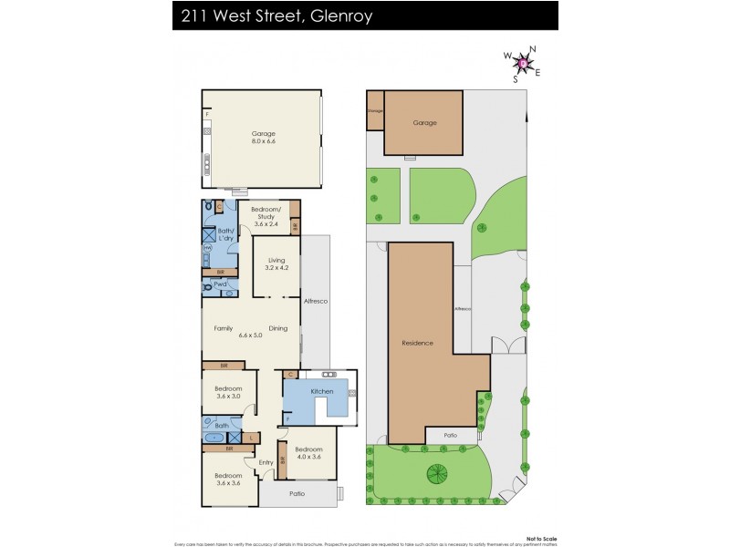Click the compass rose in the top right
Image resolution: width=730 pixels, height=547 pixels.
tap(523, 62)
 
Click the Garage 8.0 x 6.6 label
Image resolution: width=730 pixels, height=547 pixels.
tap(264, 138)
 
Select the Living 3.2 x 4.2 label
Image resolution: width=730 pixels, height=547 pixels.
tap(276, 264)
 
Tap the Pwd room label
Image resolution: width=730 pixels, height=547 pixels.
tap(220, 284)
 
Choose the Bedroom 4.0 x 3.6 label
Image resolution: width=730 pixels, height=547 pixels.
tap(308, 452)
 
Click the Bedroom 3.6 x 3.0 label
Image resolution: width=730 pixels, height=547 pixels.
tap(228, 393)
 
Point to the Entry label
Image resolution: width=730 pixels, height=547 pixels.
tap(266, 462)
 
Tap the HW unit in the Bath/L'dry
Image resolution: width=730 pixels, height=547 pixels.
tap(207, 248)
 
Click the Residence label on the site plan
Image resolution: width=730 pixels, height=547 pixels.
tap(417, 343)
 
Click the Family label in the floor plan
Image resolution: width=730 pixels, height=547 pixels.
tap(223, 328)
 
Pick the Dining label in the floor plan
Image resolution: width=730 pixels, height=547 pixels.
tap(277, 328)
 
